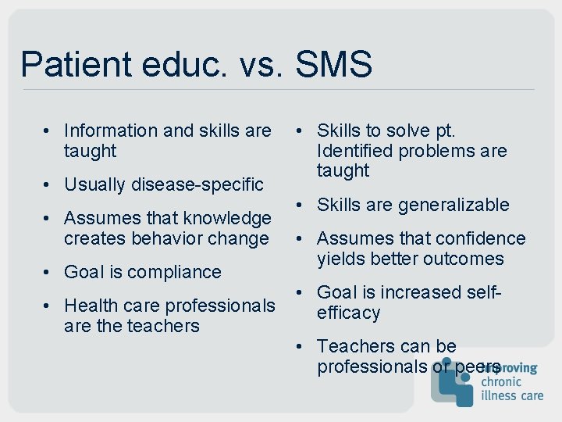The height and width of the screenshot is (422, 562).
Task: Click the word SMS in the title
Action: tap(334, 65)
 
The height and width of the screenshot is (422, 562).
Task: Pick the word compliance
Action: tap(175, 272)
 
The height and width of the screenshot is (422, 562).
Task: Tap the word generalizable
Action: tap(454, 205)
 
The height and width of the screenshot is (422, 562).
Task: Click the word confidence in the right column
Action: tap(479, 238)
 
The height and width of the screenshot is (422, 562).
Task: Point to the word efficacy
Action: tap(348, 313)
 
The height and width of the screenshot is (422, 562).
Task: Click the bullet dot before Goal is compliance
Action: tap(49, 272)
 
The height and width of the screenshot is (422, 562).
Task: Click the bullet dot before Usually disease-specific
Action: tap(49, 184)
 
